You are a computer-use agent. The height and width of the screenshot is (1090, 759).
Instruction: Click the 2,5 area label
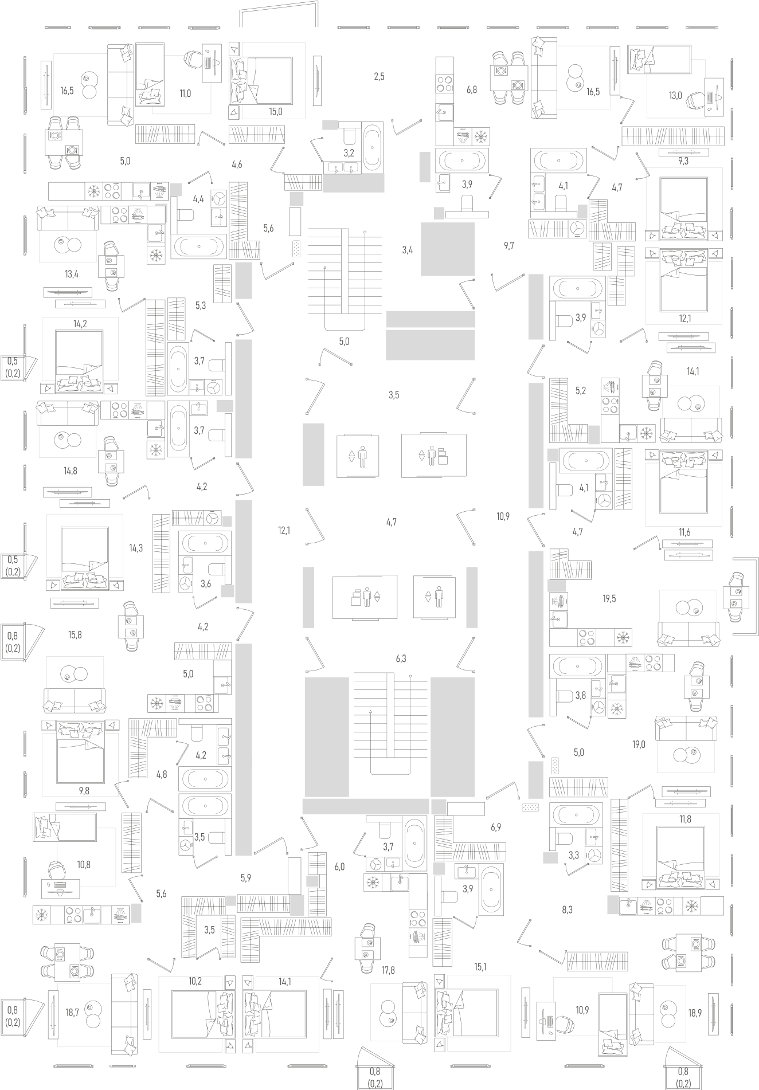(x=379, y=76)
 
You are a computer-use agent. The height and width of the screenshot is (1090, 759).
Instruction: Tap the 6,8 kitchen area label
(x=471, y=89)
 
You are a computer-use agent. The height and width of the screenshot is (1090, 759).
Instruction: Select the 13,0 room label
(x=675, y=96)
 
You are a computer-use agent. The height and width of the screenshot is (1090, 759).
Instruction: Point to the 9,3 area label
(x=683, y=161)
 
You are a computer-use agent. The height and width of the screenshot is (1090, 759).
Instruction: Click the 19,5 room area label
(x=609, y=599)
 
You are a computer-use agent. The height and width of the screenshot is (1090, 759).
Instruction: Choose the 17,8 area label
(x=388, y=970)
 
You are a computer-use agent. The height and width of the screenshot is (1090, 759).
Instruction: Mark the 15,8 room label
(x=75, y=635)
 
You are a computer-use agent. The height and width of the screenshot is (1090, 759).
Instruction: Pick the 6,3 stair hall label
(x=401, y=659)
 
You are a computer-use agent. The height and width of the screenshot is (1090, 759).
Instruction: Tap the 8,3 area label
(x=567, y=909)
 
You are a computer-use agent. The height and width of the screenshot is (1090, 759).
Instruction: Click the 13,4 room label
(x=72, y=274)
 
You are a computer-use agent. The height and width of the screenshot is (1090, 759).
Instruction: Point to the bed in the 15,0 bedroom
(x=261, y=81)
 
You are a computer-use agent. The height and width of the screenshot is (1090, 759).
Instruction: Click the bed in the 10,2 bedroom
(x=203, y=1014)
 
